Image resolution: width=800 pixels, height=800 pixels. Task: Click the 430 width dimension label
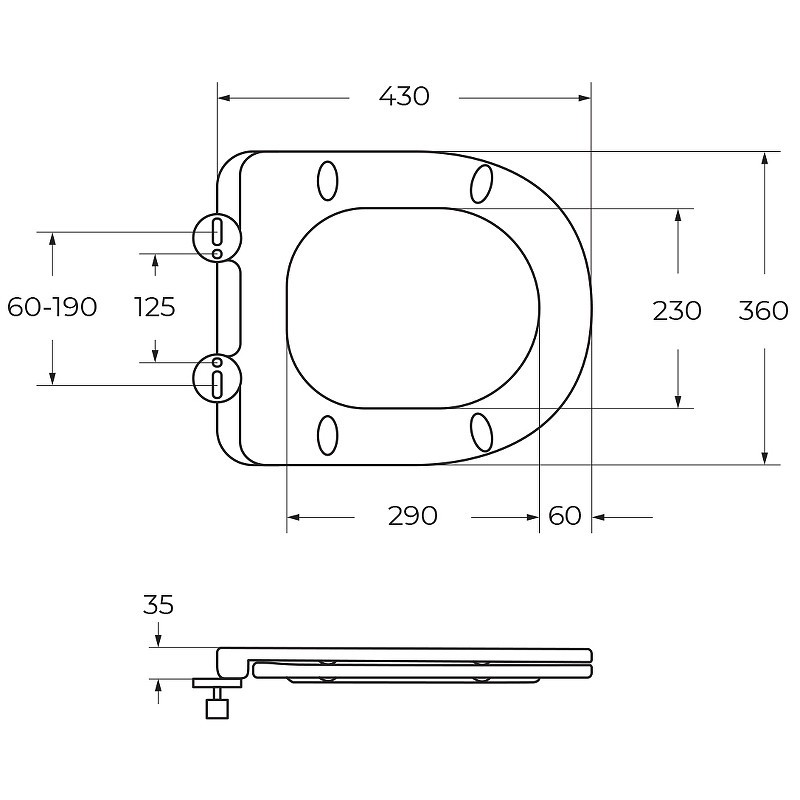click(x=404, y=96)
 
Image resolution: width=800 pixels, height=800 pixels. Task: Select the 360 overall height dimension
click(x=763, y=311)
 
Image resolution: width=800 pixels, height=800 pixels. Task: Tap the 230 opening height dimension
click(x=677, y=311)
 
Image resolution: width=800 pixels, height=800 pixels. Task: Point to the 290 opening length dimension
click(x=413, y=516)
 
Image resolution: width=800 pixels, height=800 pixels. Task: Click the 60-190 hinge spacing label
click(x=52, y=307)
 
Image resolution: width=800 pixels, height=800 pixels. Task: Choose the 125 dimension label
click(x=155, y=307)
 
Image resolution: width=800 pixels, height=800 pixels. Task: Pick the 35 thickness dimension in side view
click(x=158, y=605)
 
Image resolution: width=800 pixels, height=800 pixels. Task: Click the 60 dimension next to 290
click(x=565, y=516)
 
